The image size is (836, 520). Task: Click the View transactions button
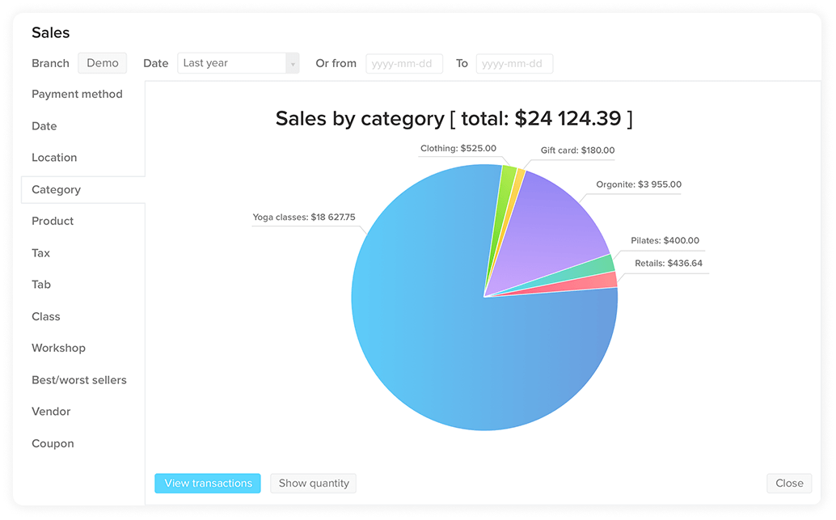[208, 484]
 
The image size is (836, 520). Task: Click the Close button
[789, 484]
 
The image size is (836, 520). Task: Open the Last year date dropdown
[238, 63]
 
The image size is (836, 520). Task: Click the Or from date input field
[404, 64]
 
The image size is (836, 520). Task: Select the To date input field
[514, 64]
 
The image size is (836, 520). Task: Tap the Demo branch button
[103, 63]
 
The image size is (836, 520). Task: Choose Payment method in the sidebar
[77, 95]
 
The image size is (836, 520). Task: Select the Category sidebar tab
[56, 190]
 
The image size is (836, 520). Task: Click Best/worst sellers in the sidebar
[78, 380]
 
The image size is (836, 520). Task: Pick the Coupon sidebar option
[53, 444]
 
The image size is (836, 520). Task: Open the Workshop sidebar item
[58, 349]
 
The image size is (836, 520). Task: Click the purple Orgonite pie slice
[558, 226]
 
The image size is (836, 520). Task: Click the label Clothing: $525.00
[458, 149]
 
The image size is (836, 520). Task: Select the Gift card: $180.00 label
[577, 150]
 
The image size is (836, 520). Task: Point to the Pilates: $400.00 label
[665, 241]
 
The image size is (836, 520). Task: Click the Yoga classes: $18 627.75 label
[303, 218]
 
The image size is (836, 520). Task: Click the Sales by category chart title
[454, 119]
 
